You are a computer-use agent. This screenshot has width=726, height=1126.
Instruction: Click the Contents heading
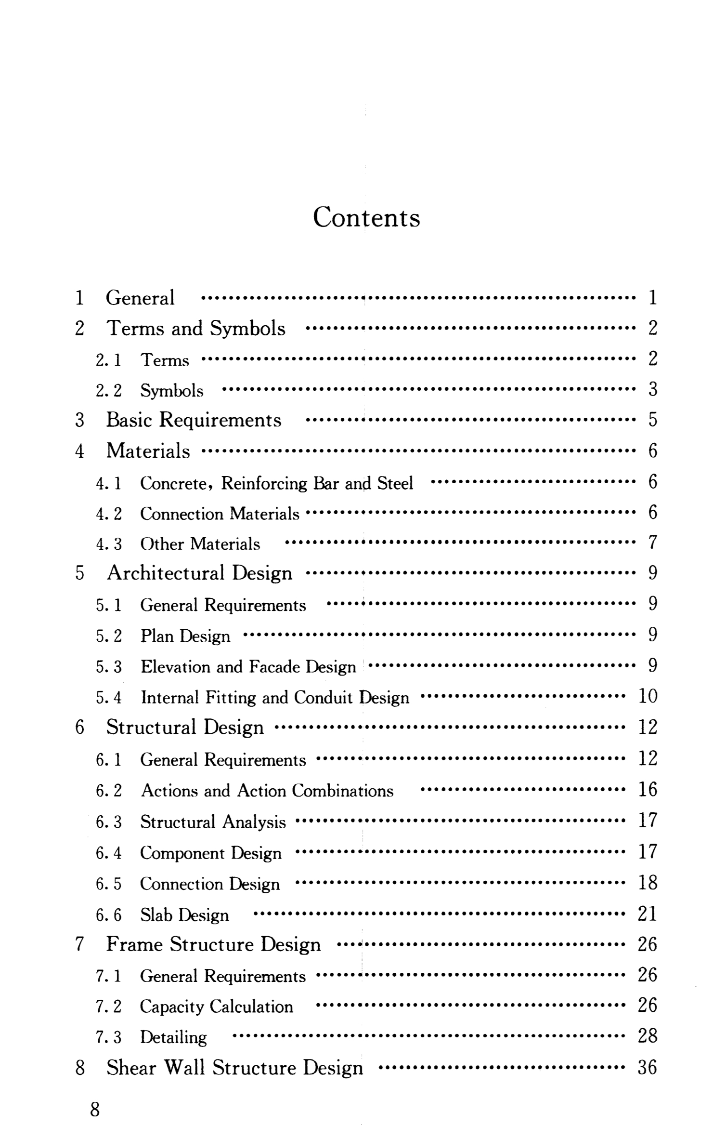[x=366, y=217]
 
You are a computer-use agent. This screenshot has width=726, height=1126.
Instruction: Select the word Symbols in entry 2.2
[x=172, y=391]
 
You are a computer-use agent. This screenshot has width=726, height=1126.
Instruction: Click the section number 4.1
[x=108, y=483]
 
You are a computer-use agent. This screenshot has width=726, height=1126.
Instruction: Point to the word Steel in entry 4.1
[x=395, y=483]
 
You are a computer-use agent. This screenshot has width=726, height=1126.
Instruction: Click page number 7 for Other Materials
[x=652, y=543]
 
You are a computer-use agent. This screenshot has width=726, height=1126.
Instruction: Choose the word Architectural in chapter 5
[x=166, y=573]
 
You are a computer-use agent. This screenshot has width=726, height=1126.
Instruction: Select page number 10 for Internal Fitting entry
[x=648, y=697]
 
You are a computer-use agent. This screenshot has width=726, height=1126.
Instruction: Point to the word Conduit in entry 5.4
[x=324, y=698]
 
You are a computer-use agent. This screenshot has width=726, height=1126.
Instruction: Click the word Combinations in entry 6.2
[x=343, y=791]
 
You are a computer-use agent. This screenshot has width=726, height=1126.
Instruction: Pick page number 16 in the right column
[x=648, y=790]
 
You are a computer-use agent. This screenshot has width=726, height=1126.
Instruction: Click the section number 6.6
[x=108, y=915]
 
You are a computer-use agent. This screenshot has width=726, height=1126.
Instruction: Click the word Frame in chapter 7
[x=134, y=945]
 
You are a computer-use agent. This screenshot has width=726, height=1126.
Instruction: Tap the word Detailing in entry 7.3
[x=173, y=1038]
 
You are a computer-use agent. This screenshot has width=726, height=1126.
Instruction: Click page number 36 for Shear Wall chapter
[x=648, y=1068]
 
